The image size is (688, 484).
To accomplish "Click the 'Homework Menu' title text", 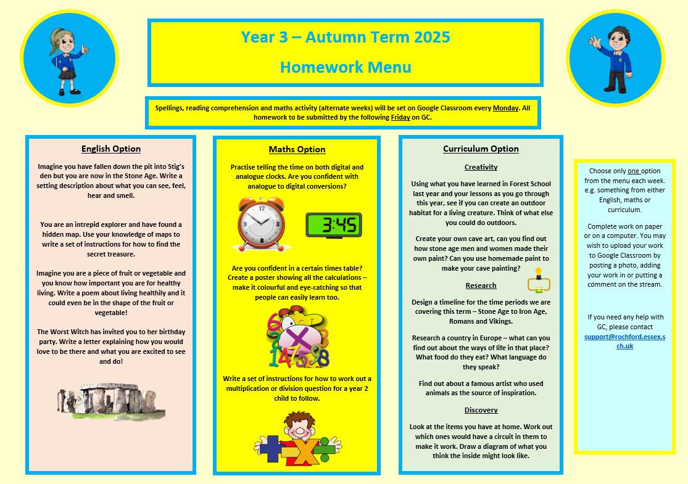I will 345,67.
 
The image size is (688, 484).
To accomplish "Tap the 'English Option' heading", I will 111,149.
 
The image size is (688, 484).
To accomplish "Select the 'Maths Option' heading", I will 297,149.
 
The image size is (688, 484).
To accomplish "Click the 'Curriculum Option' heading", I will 481,149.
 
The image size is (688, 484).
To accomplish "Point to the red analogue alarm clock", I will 262,224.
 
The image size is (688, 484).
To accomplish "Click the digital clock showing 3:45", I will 334,225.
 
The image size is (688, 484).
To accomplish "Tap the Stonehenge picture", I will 111,401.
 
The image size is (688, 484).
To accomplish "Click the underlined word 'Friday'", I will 400,117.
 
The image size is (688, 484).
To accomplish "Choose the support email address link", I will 624,341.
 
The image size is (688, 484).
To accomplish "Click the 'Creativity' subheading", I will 481,167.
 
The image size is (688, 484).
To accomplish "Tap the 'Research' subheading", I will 481,285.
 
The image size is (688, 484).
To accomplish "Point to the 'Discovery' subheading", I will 481,410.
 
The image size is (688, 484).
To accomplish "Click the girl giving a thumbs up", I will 68,59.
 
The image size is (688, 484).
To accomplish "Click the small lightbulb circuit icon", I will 539,281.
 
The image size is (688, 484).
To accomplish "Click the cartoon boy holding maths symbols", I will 297,439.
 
